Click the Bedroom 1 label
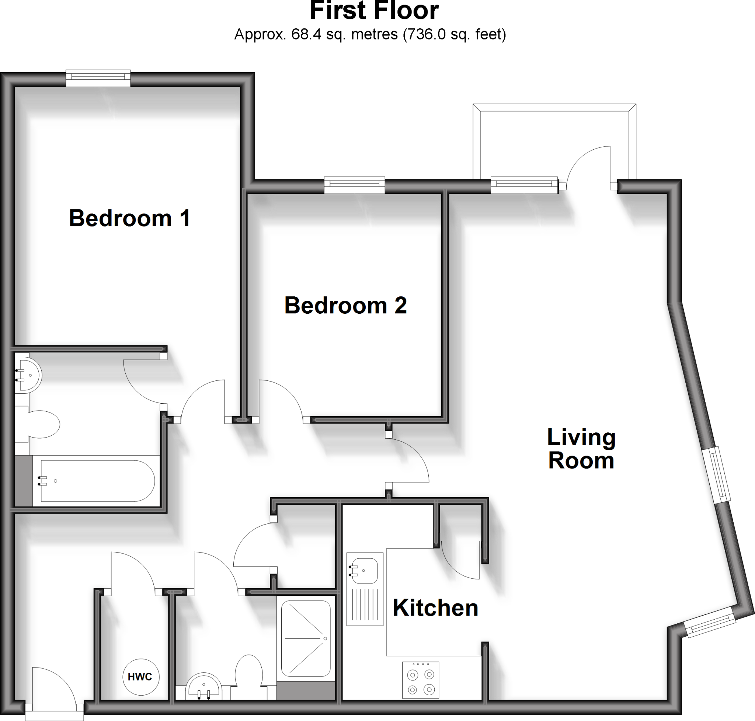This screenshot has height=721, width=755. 129,218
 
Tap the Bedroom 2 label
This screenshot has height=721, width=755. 345,306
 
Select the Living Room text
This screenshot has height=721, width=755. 581,449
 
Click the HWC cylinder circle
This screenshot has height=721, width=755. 140,677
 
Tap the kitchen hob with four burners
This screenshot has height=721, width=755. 421,680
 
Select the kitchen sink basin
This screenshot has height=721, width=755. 365,570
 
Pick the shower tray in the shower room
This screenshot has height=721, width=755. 306,638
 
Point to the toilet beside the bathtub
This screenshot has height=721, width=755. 42,424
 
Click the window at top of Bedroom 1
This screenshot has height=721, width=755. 98,79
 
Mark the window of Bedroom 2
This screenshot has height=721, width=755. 354,185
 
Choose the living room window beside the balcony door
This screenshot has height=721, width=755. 524,185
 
